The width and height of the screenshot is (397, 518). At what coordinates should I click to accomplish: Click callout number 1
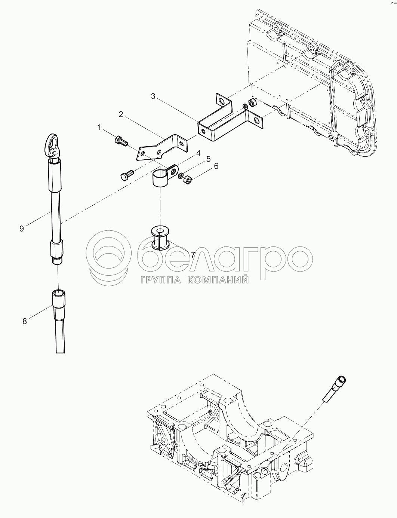99,128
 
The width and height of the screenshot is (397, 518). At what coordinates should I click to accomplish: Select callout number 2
121,115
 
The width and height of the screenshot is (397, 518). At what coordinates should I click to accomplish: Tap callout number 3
153,96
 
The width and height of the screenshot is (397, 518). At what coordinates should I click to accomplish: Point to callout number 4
198,153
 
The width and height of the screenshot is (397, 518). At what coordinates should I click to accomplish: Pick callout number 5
208,159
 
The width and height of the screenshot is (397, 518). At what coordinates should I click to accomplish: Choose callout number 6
216,166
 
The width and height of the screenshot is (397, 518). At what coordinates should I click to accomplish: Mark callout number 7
193,255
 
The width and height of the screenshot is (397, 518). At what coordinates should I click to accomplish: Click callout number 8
25,321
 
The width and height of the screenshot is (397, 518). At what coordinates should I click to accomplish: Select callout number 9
22,229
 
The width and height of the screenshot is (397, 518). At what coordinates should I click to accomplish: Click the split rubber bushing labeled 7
160,239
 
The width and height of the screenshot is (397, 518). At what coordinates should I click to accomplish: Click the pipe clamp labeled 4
164,177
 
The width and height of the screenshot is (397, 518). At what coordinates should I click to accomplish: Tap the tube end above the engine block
334,390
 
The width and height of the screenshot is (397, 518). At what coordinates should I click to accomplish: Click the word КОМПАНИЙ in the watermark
218,280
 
